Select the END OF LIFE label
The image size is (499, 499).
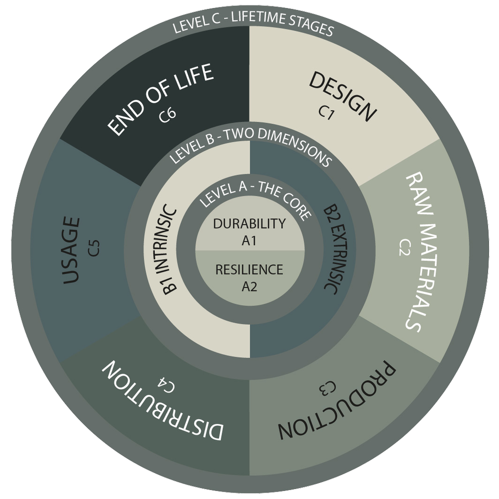pyautogui.click(x=160, y=99)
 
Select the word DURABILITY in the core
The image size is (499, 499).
pyautogui.click(x=249, y=224)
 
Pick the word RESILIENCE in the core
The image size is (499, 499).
pyautogui.click(x=249, y=270)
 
